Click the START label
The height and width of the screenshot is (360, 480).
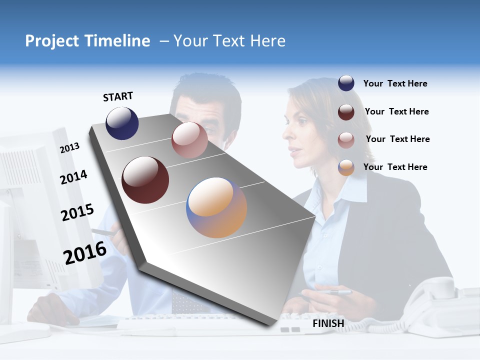(118, 96)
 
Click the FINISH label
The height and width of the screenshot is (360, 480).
(328, 323)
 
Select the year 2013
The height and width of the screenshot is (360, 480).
(69, 148)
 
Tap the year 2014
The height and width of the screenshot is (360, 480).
(73, 177)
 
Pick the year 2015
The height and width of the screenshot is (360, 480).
(77, 212)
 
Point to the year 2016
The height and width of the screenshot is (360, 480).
(85, 253)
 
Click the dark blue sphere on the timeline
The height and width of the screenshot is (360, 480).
(122, 123)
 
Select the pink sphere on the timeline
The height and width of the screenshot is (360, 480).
(189, 140)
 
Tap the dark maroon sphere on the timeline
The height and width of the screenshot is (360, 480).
(145, 180)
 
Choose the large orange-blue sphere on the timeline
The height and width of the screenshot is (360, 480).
(216, 207)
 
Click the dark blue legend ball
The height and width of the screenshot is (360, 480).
(346, 83)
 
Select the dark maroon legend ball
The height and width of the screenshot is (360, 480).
(346, 111)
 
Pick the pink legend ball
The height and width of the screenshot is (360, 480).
(346, 139)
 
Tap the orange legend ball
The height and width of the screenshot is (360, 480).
(346, 167)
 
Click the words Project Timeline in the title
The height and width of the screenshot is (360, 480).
(87, 41)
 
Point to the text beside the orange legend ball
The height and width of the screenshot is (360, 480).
(395, 167)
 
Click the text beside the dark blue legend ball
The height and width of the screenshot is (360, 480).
(395, 83)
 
